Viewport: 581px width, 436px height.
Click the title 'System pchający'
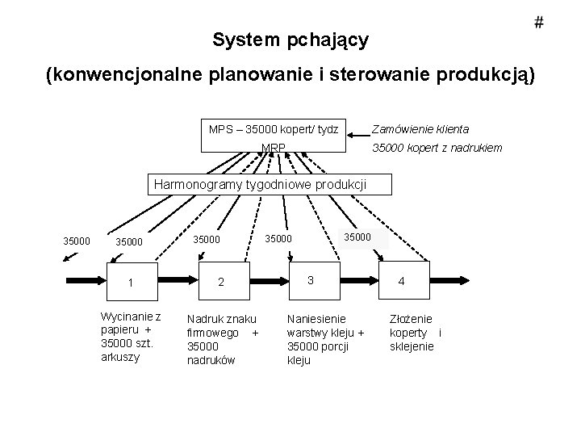[290, 40]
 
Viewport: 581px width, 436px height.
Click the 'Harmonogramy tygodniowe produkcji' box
[260, 185]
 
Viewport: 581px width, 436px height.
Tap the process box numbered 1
[132, 282]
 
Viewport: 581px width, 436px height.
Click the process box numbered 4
[401, 282]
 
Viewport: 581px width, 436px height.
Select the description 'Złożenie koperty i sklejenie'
[416, 332]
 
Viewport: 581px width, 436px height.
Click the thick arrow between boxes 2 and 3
[270, 282]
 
